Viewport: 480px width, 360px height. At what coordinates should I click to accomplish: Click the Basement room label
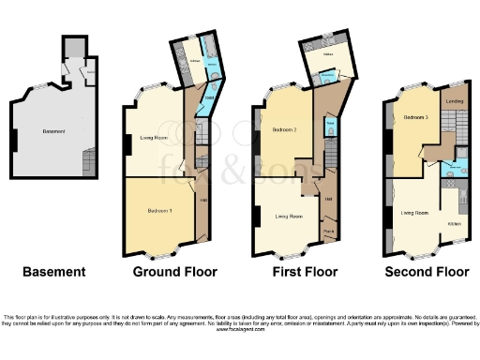pyautogui.click(x=53, y=131)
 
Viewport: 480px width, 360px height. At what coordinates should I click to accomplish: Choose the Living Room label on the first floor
pyautogui.click(x=288, y=217)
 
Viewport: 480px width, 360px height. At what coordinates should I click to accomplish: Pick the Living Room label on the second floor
pyautogui.click(x=414, y=214)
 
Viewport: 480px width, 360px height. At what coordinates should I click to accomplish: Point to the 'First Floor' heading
pyautogui.click(x=298, y=273)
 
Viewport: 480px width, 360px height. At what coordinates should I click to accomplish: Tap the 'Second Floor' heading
pyautogui.click(x=427, y=273)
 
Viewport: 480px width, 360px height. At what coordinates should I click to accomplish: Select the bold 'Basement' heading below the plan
pyautogui.click(x=54, y=273)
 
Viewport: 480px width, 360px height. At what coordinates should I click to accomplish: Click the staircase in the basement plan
pyautogui.click(x=88, y=165)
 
